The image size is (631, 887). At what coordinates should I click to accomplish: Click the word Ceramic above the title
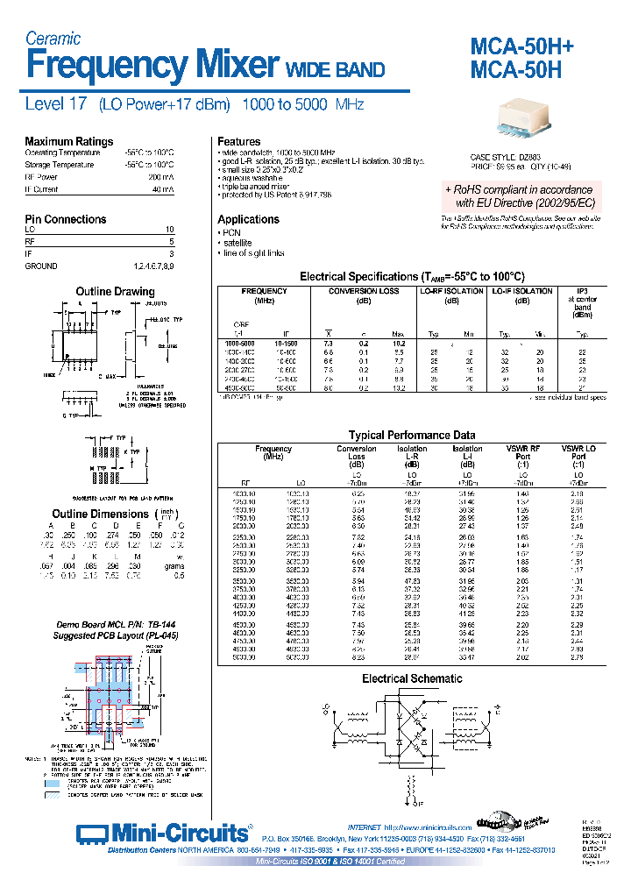tap(53, 39)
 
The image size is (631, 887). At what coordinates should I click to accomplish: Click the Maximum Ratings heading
tap(68, 142)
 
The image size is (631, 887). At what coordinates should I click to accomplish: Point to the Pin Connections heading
tap(66, 219)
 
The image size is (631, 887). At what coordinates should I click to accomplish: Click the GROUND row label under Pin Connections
tap(41, 266)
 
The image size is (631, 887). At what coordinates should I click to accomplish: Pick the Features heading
tap(239, 142)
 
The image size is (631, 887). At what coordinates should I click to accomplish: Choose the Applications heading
tap(249, 219)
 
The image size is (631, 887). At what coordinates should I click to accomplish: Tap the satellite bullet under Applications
tap(236, 243)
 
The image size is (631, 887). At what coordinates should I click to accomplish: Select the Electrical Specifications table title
tap(412, 276)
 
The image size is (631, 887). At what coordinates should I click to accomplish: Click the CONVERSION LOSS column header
tap(364, 291)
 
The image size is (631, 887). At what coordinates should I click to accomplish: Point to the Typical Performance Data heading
tap(412, 435)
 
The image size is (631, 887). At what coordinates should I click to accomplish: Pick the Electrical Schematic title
tap(412, 678)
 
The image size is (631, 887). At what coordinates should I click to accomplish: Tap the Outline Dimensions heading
tap(101, 514)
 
